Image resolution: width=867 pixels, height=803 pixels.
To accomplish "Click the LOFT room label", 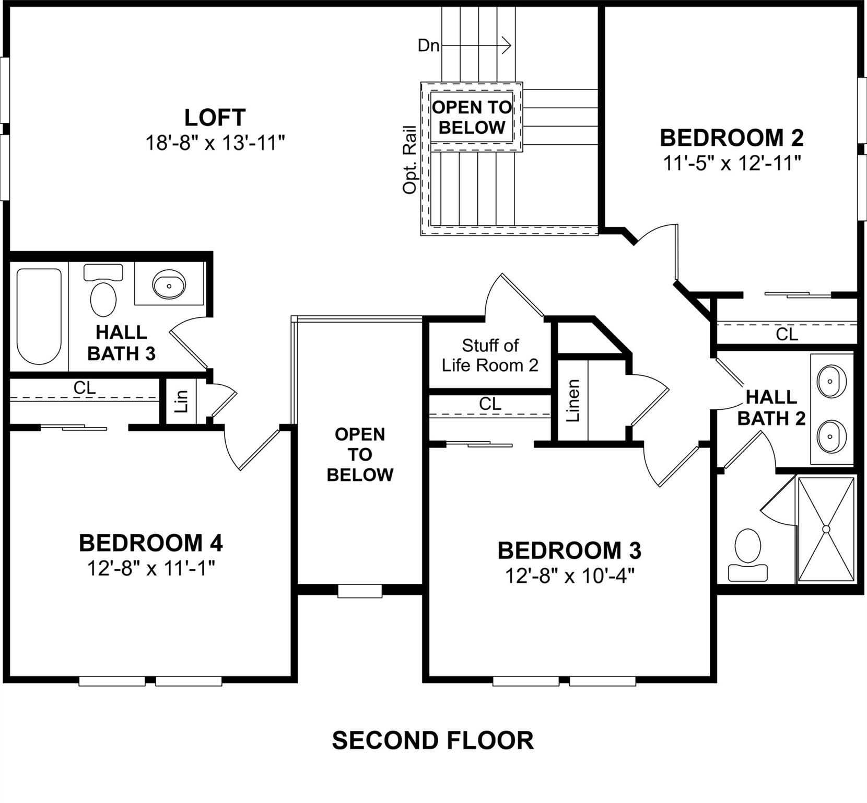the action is pyautogui.click(x=215, y=118).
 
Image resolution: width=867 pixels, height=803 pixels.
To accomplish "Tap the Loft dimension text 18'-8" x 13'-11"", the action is pyautogui.click(x=215, y=143).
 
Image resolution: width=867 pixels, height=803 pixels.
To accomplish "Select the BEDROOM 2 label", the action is pyautogui.click(x=732, y=138).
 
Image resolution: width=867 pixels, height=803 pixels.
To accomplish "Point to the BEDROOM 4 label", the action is pyautogui.click(x=151, y=543).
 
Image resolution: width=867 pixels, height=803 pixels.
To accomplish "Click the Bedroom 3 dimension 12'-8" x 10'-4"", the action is pyautogui.click(x=569, y=576).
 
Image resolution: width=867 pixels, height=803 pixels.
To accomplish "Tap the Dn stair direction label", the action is pyautogui.click(x=428, y=46).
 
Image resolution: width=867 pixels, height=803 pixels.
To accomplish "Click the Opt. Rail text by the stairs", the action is pyautogui.click(x=409, y=159).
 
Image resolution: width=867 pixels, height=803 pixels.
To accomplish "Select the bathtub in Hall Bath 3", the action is pyautogui.click(x=39, y=316).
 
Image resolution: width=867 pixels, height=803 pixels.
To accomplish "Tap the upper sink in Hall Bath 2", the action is pyautogui.click(x=831, y=382).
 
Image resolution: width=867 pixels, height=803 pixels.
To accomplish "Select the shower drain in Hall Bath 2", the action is pyautogui.click(x=826, y=529).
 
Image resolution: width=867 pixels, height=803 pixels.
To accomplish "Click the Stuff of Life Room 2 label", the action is pyautogui.click(x=490, y=355).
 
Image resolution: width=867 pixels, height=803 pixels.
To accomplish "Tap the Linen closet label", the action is pyautogui.click(x=573, y=401).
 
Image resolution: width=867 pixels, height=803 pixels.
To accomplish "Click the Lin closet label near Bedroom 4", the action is pyautogui.click(x=181, y=401).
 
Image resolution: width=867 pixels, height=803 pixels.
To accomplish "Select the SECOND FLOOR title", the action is pyautogui.click(x=433, y=741).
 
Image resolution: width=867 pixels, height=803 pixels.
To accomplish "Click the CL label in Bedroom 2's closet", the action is pyautogui.click(x=787, y=334).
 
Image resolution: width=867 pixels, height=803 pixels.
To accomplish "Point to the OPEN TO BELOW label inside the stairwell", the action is pyautogui.click(x=472, y=117).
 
